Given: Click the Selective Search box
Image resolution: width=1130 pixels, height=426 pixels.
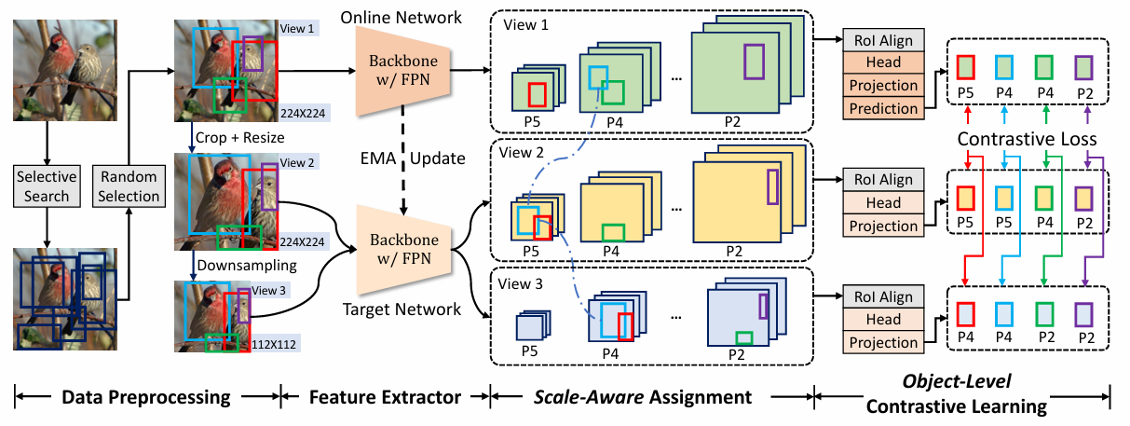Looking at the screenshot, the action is [x=47, y=186].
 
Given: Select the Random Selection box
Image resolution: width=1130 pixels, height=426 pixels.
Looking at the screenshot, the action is [x=129, y=186].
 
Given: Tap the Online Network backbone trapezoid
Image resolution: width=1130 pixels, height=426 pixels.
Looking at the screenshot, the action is [x=403, y=71].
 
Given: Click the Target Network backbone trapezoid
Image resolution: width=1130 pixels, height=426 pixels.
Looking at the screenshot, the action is [x=404, y=249].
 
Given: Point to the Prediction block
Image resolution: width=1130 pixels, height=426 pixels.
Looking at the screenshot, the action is [x=883, y=108].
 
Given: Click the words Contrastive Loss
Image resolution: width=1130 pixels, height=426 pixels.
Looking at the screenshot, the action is [x=1028, y=139].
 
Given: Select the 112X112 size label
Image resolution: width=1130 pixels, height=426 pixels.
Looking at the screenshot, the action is [x=274, y=344].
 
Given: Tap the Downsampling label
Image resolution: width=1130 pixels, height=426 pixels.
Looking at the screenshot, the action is [x=247, y=266].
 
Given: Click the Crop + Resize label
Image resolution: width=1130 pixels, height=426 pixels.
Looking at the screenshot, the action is [x=239, y=138].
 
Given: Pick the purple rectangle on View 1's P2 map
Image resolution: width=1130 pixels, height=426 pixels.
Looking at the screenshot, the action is [x=754, y=62].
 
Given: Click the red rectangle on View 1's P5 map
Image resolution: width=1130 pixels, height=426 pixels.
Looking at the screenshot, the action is [x=538, y=95].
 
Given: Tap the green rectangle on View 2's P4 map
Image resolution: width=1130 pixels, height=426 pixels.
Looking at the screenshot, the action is [x=613, y=233].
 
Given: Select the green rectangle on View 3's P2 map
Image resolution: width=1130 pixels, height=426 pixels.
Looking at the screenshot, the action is [x=744, y=337].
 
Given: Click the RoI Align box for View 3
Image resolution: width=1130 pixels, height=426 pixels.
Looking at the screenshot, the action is [x=883, y=296].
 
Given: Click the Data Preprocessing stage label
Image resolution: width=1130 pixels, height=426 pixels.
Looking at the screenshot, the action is [x=146, y=397].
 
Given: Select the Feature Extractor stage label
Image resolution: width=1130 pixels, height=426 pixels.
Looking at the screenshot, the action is [x=385, y=397].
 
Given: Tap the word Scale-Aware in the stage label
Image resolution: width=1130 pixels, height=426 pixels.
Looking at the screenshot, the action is [x=589, y=397].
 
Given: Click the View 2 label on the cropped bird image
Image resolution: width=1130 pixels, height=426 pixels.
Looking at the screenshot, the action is [x=297, y=162].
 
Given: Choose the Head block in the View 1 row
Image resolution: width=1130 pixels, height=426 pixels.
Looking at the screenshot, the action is [x=883, y=62].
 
